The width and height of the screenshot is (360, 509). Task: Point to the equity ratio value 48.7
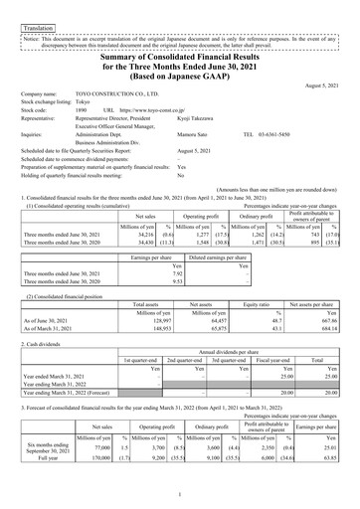pos(269,320)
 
